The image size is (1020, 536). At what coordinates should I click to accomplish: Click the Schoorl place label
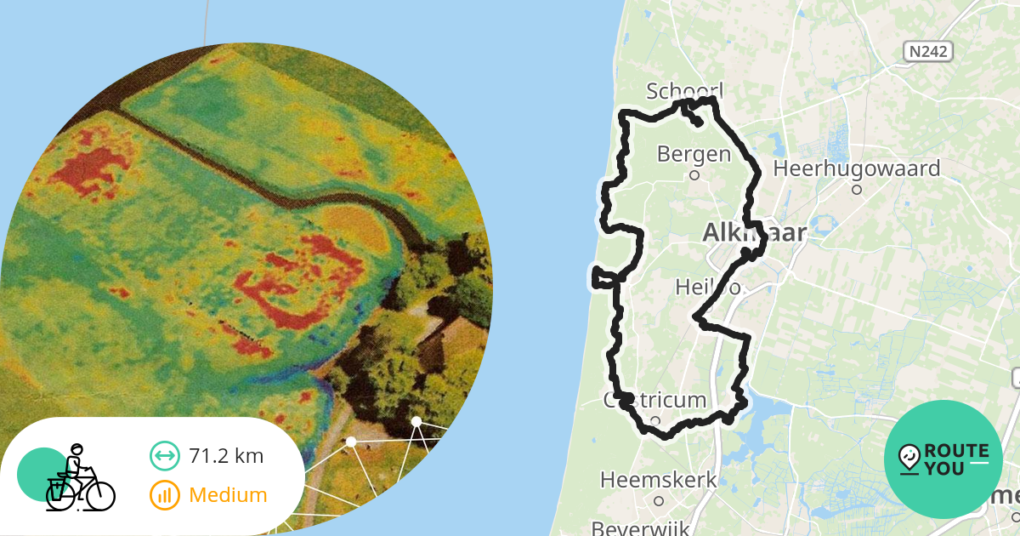pos(684,91)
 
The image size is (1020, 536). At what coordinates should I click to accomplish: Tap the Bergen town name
pos(694,154)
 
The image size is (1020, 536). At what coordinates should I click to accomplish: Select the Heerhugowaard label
pos(856,168)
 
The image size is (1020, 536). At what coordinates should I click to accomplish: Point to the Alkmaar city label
pos(755,231)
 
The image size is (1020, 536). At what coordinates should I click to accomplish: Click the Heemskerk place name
pos(659,480)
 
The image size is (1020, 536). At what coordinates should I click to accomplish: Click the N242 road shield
pos(927,52)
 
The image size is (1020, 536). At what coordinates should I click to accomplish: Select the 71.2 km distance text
pos(226,456)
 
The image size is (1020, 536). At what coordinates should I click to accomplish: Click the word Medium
pos(228,494)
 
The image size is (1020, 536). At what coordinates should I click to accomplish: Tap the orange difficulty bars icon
pos(165,494)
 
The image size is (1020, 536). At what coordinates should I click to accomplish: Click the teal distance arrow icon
pos(165,456)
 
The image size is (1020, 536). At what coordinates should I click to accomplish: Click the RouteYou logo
pos(943,459)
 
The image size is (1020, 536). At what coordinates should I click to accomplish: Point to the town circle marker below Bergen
pos(694,176)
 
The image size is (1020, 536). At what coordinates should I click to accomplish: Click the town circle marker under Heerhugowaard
pos(857,190)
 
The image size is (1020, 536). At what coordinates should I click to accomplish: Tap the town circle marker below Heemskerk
pos(658,501)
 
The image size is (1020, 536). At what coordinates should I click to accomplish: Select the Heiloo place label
pos(706,288)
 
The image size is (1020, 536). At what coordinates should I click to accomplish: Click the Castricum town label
pos(655,400)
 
